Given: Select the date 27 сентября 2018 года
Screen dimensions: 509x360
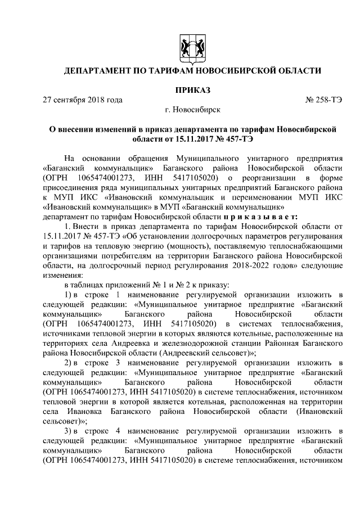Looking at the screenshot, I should click(x=83, y=101).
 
